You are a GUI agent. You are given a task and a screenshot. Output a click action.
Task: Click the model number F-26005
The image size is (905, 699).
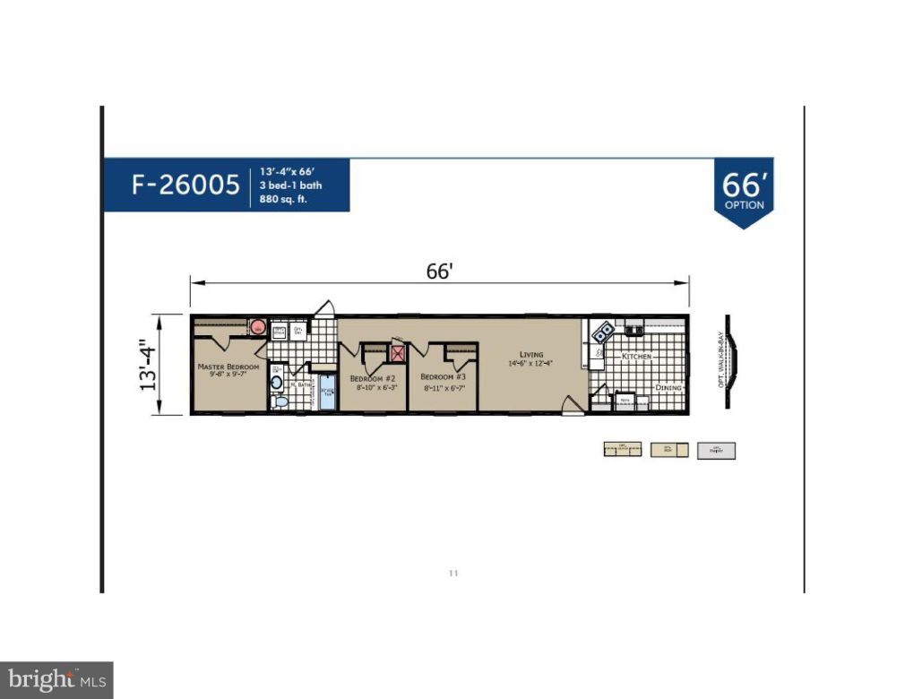click(x=185, y=186)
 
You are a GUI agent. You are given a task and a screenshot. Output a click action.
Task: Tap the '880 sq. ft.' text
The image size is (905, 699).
click(x=284, y=200)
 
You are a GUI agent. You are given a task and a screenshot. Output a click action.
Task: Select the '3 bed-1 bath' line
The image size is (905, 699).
click(x=291, y=186)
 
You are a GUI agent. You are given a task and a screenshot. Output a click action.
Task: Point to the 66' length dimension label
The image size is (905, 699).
click(x=439, y=272)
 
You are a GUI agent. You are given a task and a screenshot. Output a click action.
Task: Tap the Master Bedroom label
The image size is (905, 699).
click(x=228, y=367)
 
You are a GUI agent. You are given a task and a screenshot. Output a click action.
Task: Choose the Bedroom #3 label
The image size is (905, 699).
click(x=443, y=376)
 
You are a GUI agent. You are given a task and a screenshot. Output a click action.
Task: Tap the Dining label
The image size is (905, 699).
click(x=668, y=387)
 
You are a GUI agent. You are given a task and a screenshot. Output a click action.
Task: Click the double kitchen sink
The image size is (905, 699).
click(x=603, y=331)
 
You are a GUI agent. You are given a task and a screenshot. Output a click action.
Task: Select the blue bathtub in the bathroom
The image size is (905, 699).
click(x=327, y=394)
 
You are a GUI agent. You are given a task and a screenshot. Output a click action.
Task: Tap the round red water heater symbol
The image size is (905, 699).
click(x=256, y=327)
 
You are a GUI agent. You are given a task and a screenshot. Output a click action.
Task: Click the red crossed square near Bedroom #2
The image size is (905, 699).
click(x=398, y=352)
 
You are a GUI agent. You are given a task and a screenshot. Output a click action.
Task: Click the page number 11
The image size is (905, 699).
click(x=452, y=573)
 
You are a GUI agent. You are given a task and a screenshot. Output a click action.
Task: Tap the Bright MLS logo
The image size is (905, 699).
click(x=56, y=680)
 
